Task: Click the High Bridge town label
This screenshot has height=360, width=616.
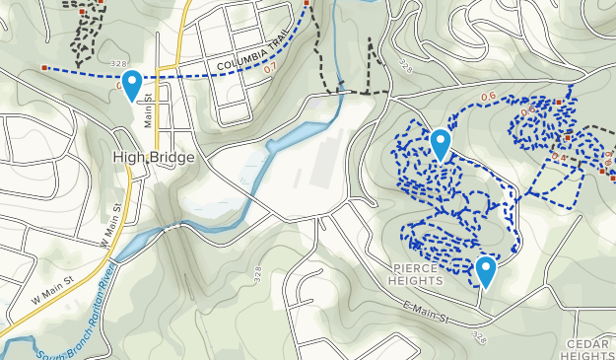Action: pyautogui.click(x=154, y=158)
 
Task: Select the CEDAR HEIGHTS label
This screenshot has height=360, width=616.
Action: pyautogui.click(x=590, y=348)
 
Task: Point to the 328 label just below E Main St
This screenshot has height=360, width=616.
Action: pyautogui.click(x=479, y=337)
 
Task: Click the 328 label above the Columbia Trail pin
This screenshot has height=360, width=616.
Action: pyautogui.click(x=119, y=64)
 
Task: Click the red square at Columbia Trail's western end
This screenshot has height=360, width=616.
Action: pyautogui.click(x=45, y=68)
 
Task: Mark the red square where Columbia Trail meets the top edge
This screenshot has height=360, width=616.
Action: pyautogui.click(x=308, y=4)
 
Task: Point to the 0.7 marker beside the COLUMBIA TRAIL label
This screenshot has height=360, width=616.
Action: pyautogui.click(x=270, y=68)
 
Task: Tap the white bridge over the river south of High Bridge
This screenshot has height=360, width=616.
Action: pyautogui.click(x=174, y=226)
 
